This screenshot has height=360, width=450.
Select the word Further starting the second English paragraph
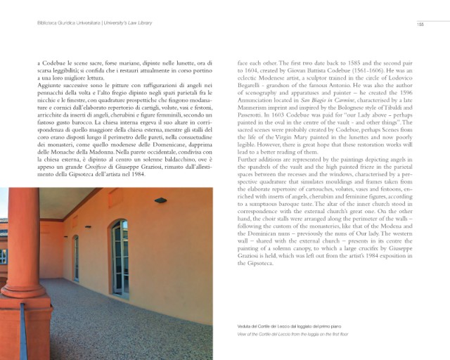coord(249,160)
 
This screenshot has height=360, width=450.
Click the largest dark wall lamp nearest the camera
coord(161,200)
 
